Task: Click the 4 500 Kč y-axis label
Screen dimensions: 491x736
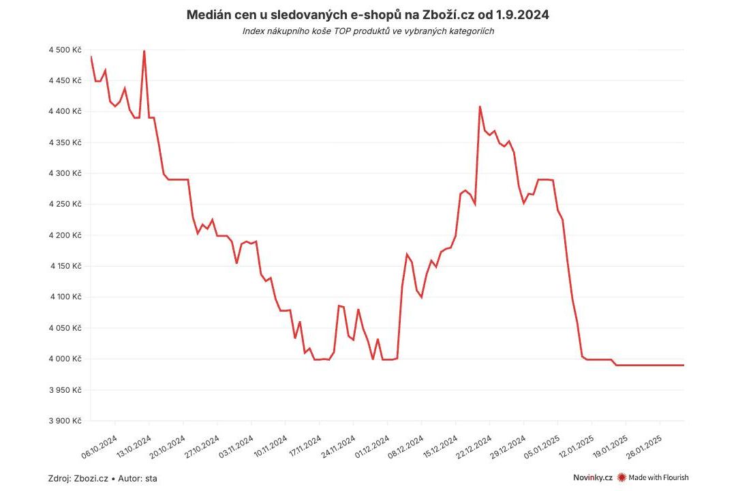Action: tap(65, 50)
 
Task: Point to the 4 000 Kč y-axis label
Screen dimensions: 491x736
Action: tap(65, 359)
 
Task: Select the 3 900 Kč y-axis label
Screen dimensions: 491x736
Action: tap(65, 421)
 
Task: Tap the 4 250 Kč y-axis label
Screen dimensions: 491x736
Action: tap(65, 205)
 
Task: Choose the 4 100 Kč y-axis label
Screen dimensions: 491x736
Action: tap(65, 297)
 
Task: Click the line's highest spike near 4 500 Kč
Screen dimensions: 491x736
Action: tap(144, 51)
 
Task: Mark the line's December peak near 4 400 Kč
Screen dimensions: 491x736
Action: tap(480, 106)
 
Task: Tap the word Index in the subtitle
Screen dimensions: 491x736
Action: tap(254, 31)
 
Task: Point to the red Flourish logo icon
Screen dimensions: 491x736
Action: tap(621, 477)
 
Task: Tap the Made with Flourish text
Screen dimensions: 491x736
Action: tap(658, 477)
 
